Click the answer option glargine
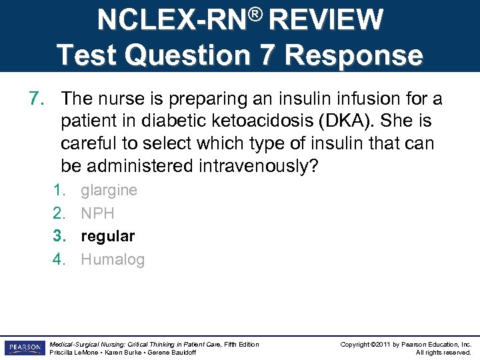tap(109, 190)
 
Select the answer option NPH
tap(97, 213)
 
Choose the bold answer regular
tap(107, 237)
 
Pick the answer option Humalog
tap(112, 260)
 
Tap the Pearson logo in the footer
tap(23, 348)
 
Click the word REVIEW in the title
tap(328, 20)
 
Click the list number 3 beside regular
tap(59, 237)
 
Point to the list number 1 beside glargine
tap(59, 190)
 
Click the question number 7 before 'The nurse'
tap(37, 99)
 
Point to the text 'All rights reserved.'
tap(443, 353)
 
